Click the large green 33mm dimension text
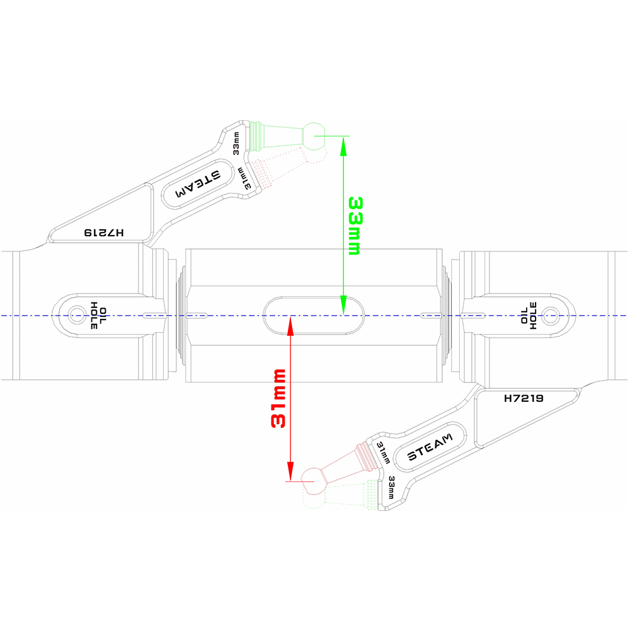354,225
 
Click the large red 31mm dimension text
278,399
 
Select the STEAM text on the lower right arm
430,447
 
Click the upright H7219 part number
524,398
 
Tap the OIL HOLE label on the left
99,314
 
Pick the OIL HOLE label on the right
529,314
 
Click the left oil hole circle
77,314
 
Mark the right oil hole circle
549,314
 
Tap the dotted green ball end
313,500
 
